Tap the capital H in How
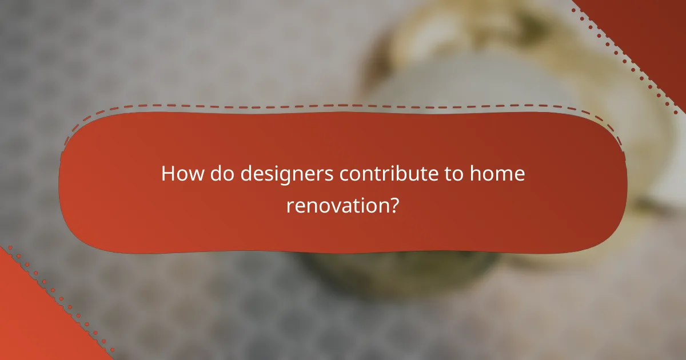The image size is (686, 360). pos(168,174)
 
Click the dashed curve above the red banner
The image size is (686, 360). pos(343,105)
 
